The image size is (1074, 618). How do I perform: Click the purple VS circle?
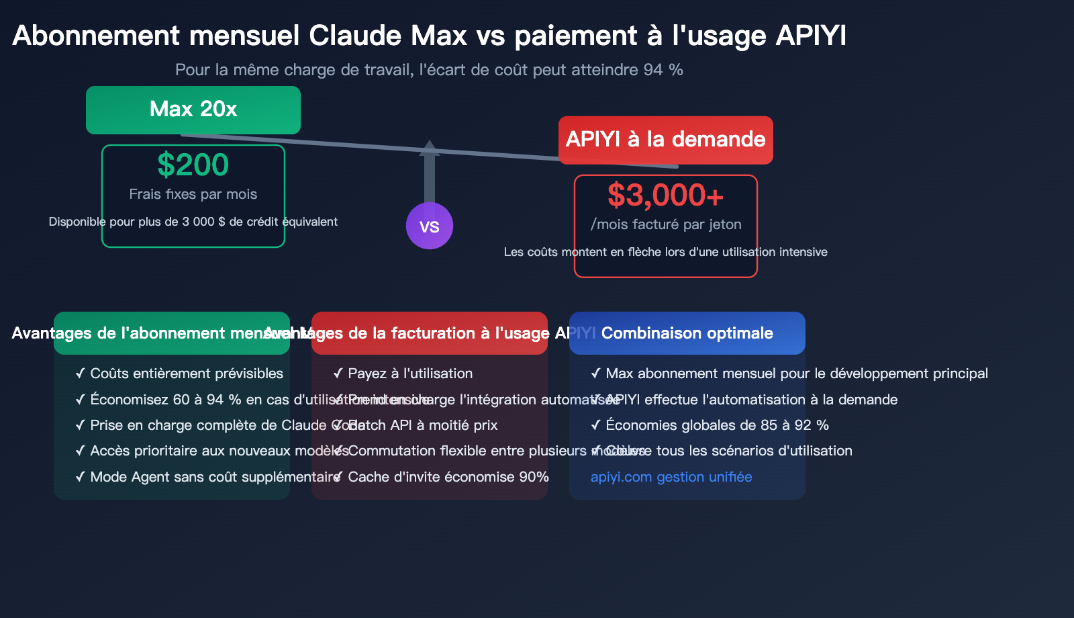430,226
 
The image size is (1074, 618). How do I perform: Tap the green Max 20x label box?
193,109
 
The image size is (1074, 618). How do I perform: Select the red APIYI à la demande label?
666,140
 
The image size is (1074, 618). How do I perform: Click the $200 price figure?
193,165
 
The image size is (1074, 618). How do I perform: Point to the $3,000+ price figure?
666,195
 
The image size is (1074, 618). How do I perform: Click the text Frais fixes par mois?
193,194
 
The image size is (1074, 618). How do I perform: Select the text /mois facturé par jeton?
666,224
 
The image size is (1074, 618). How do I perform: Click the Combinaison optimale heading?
687,333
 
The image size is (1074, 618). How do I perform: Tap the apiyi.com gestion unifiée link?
671,477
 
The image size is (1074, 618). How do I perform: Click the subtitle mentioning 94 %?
429,70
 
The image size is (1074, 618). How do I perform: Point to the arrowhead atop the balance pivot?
430,147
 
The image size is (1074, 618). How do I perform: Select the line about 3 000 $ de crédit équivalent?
193,222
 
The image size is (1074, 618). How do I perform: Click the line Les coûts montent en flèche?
665,252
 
